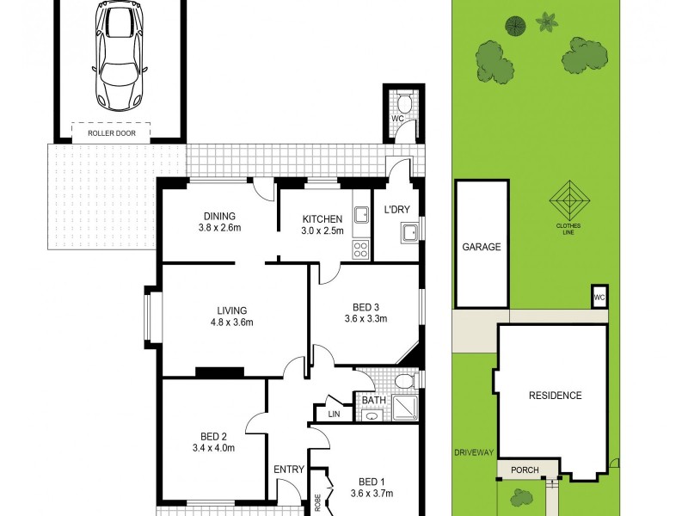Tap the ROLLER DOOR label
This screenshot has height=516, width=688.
[x=110, y=133]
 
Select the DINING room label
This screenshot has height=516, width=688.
[x=219, y=216]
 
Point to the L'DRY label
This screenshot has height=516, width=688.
[x=396, y=209]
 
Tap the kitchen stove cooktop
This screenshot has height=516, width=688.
[x=360, y=249]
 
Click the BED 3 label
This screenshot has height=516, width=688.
[x=365, y=307]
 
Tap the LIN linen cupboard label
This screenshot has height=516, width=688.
[x=334, y=415]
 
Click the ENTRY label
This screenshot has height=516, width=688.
[x=288, y=469]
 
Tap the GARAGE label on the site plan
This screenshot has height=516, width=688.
[x=481, y=247]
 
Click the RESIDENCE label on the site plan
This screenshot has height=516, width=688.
[x=555, y=396]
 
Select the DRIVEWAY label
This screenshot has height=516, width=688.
[x=474, y=452]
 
